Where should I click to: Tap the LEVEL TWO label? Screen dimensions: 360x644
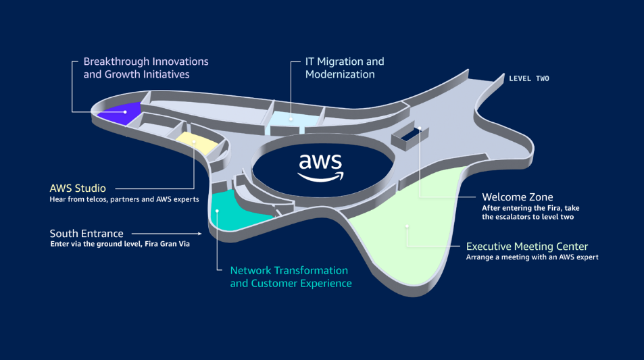tap(528, 79)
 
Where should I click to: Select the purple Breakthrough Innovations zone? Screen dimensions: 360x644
tap(120, 112)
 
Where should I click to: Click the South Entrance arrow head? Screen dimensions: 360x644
tap(200, 234)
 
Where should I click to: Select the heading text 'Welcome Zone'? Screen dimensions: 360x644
tap(517, 197)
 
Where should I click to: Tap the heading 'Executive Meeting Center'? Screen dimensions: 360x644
tap(527, 247)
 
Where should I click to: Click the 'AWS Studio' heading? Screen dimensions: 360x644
tap(78, 188)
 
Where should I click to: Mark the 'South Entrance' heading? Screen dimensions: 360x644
tap(85, 234)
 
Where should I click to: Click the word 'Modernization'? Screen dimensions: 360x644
tap(340, 74)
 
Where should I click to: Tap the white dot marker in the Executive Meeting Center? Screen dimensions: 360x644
tap(407, 226)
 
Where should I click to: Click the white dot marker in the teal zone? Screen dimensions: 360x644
tap(218, 211)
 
